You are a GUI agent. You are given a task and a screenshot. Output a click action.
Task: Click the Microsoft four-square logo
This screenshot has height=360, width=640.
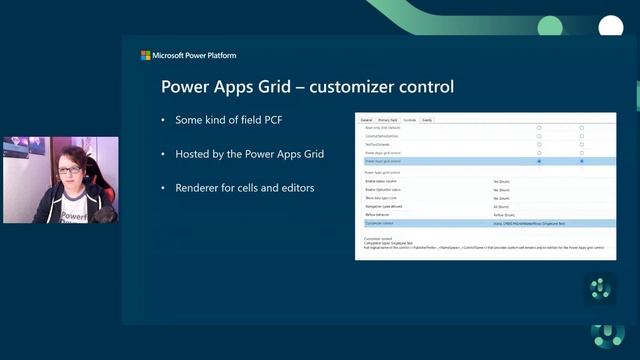pyautogui.click(x=146, y=56)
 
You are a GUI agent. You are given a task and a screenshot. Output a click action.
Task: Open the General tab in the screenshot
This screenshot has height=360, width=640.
pyautogui.click(x=366, y=120)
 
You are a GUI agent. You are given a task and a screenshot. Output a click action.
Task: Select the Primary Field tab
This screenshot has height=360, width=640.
pyautogui.click(x=387, y=120)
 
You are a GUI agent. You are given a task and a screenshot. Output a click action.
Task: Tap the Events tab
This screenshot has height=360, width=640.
pyautogui.click(x=427, y=120)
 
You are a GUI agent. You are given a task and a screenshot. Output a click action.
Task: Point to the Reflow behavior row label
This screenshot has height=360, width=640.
pyautogui.click(x=379, y=215)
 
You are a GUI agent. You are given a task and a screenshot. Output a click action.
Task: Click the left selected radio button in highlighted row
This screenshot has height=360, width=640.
pyautogui.click(x=539, y=160)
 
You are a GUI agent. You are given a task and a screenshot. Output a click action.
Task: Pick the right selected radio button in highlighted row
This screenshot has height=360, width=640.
pyautogui.click(x=582, y=160)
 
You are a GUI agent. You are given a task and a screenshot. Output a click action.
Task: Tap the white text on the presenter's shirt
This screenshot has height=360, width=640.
pyautogui.click(x=73, y=215)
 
